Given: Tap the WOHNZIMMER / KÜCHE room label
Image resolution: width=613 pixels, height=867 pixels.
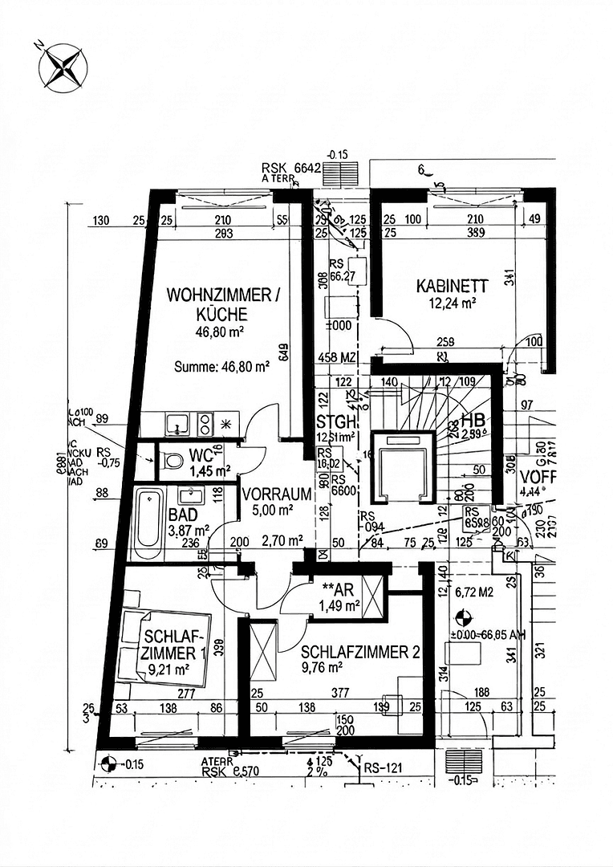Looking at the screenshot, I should click(x=223, y=305).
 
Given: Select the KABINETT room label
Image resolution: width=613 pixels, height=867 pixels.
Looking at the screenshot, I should click(x=452, y=286).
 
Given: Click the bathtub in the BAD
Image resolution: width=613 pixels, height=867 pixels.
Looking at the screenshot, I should click(x=147, y=523).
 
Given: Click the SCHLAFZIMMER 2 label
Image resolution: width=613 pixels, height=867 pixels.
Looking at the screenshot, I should click(x=360, y=653).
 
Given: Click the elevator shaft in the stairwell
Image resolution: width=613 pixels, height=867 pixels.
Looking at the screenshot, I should click(x=404, y=469).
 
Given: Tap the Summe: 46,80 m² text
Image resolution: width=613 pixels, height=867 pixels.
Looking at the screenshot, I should click(x=221, y=367).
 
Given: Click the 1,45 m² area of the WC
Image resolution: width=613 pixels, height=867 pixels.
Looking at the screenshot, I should click(x=211, y=470).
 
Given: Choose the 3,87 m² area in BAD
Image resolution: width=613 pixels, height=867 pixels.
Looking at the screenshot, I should click(x=189, y=530).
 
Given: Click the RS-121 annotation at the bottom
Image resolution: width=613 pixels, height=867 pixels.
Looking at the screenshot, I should click(x=384, y=767).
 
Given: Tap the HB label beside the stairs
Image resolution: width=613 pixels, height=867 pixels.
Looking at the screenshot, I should click(x=473, y=421).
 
